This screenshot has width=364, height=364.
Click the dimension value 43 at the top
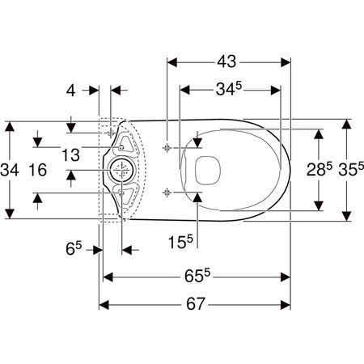226,61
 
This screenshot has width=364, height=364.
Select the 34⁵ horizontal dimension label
229,89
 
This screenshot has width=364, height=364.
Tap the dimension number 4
71,91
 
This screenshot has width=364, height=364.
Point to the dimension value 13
70,154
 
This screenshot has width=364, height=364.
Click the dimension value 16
38,170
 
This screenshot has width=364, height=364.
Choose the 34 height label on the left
10,170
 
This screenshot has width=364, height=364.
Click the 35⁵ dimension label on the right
351,169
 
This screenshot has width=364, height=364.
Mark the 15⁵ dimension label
180,241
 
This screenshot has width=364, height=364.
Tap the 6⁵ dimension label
74,248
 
